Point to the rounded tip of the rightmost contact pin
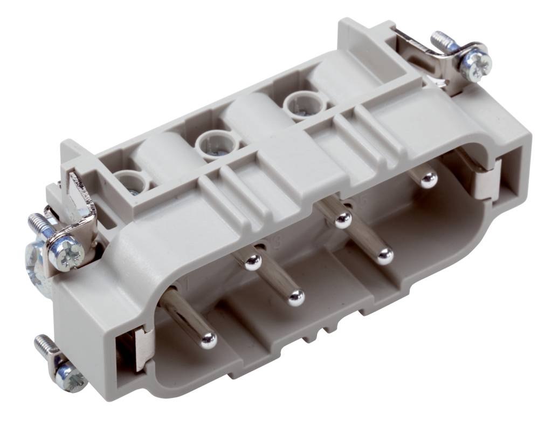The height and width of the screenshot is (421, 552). coord(429,179)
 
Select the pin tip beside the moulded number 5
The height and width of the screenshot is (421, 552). coord(343,219)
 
